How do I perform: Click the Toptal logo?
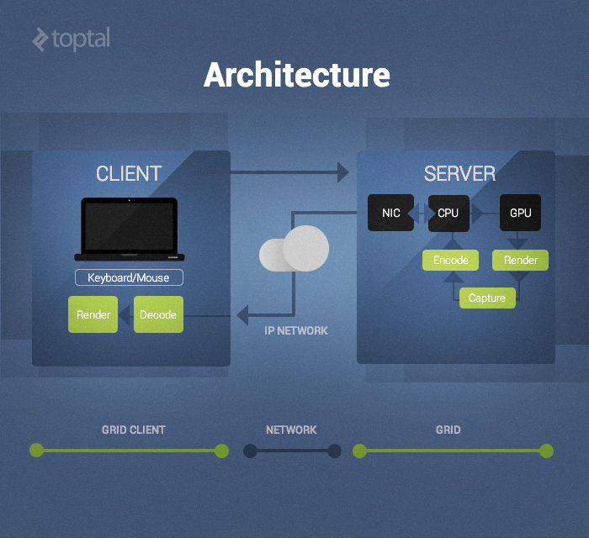tap(71, 39)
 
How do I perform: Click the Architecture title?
tap(296, 75)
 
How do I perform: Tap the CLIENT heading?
tap(129, 174)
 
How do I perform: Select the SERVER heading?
tap(459, 174)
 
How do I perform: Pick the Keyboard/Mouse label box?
tap(129, 277)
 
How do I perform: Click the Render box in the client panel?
tap(93, 314)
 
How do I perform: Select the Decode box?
tap(158, 314)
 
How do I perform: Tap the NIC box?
tap(391, 213)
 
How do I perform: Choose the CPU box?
tap(448, 213)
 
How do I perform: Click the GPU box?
tap(521, 213)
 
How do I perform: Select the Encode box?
tap(451, 260)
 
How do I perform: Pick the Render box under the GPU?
tap(521, 260)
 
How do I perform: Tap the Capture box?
tap(487, 298)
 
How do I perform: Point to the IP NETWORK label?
tap(296, 330)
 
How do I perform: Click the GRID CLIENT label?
tap(134, 430)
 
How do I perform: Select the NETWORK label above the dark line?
tap(291, 430)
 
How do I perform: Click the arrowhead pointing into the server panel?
tap(342, 172)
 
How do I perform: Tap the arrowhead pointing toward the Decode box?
tap(242, 316)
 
